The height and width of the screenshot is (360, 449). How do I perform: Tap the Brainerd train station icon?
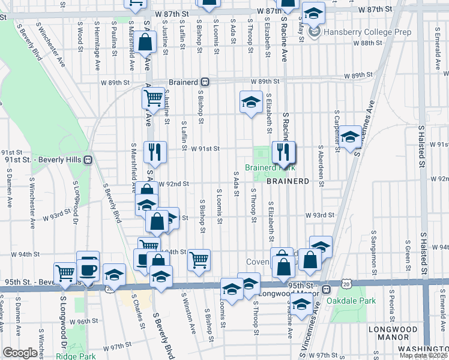point(205,82)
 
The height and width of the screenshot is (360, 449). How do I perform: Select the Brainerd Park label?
point(270,168)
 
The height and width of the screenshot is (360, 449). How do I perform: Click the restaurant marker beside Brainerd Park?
point(284,153)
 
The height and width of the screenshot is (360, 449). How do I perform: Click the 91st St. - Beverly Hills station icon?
point(88,160)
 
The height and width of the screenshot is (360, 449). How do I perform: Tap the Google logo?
point(20,353)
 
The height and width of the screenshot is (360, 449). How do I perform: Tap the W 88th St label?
point(367,43)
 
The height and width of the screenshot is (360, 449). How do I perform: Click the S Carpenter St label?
point(337,130)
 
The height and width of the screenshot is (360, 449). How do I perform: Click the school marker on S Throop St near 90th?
point(252,101)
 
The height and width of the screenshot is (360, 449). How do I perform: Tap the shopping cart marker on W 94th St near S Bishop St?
point(199,260)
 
